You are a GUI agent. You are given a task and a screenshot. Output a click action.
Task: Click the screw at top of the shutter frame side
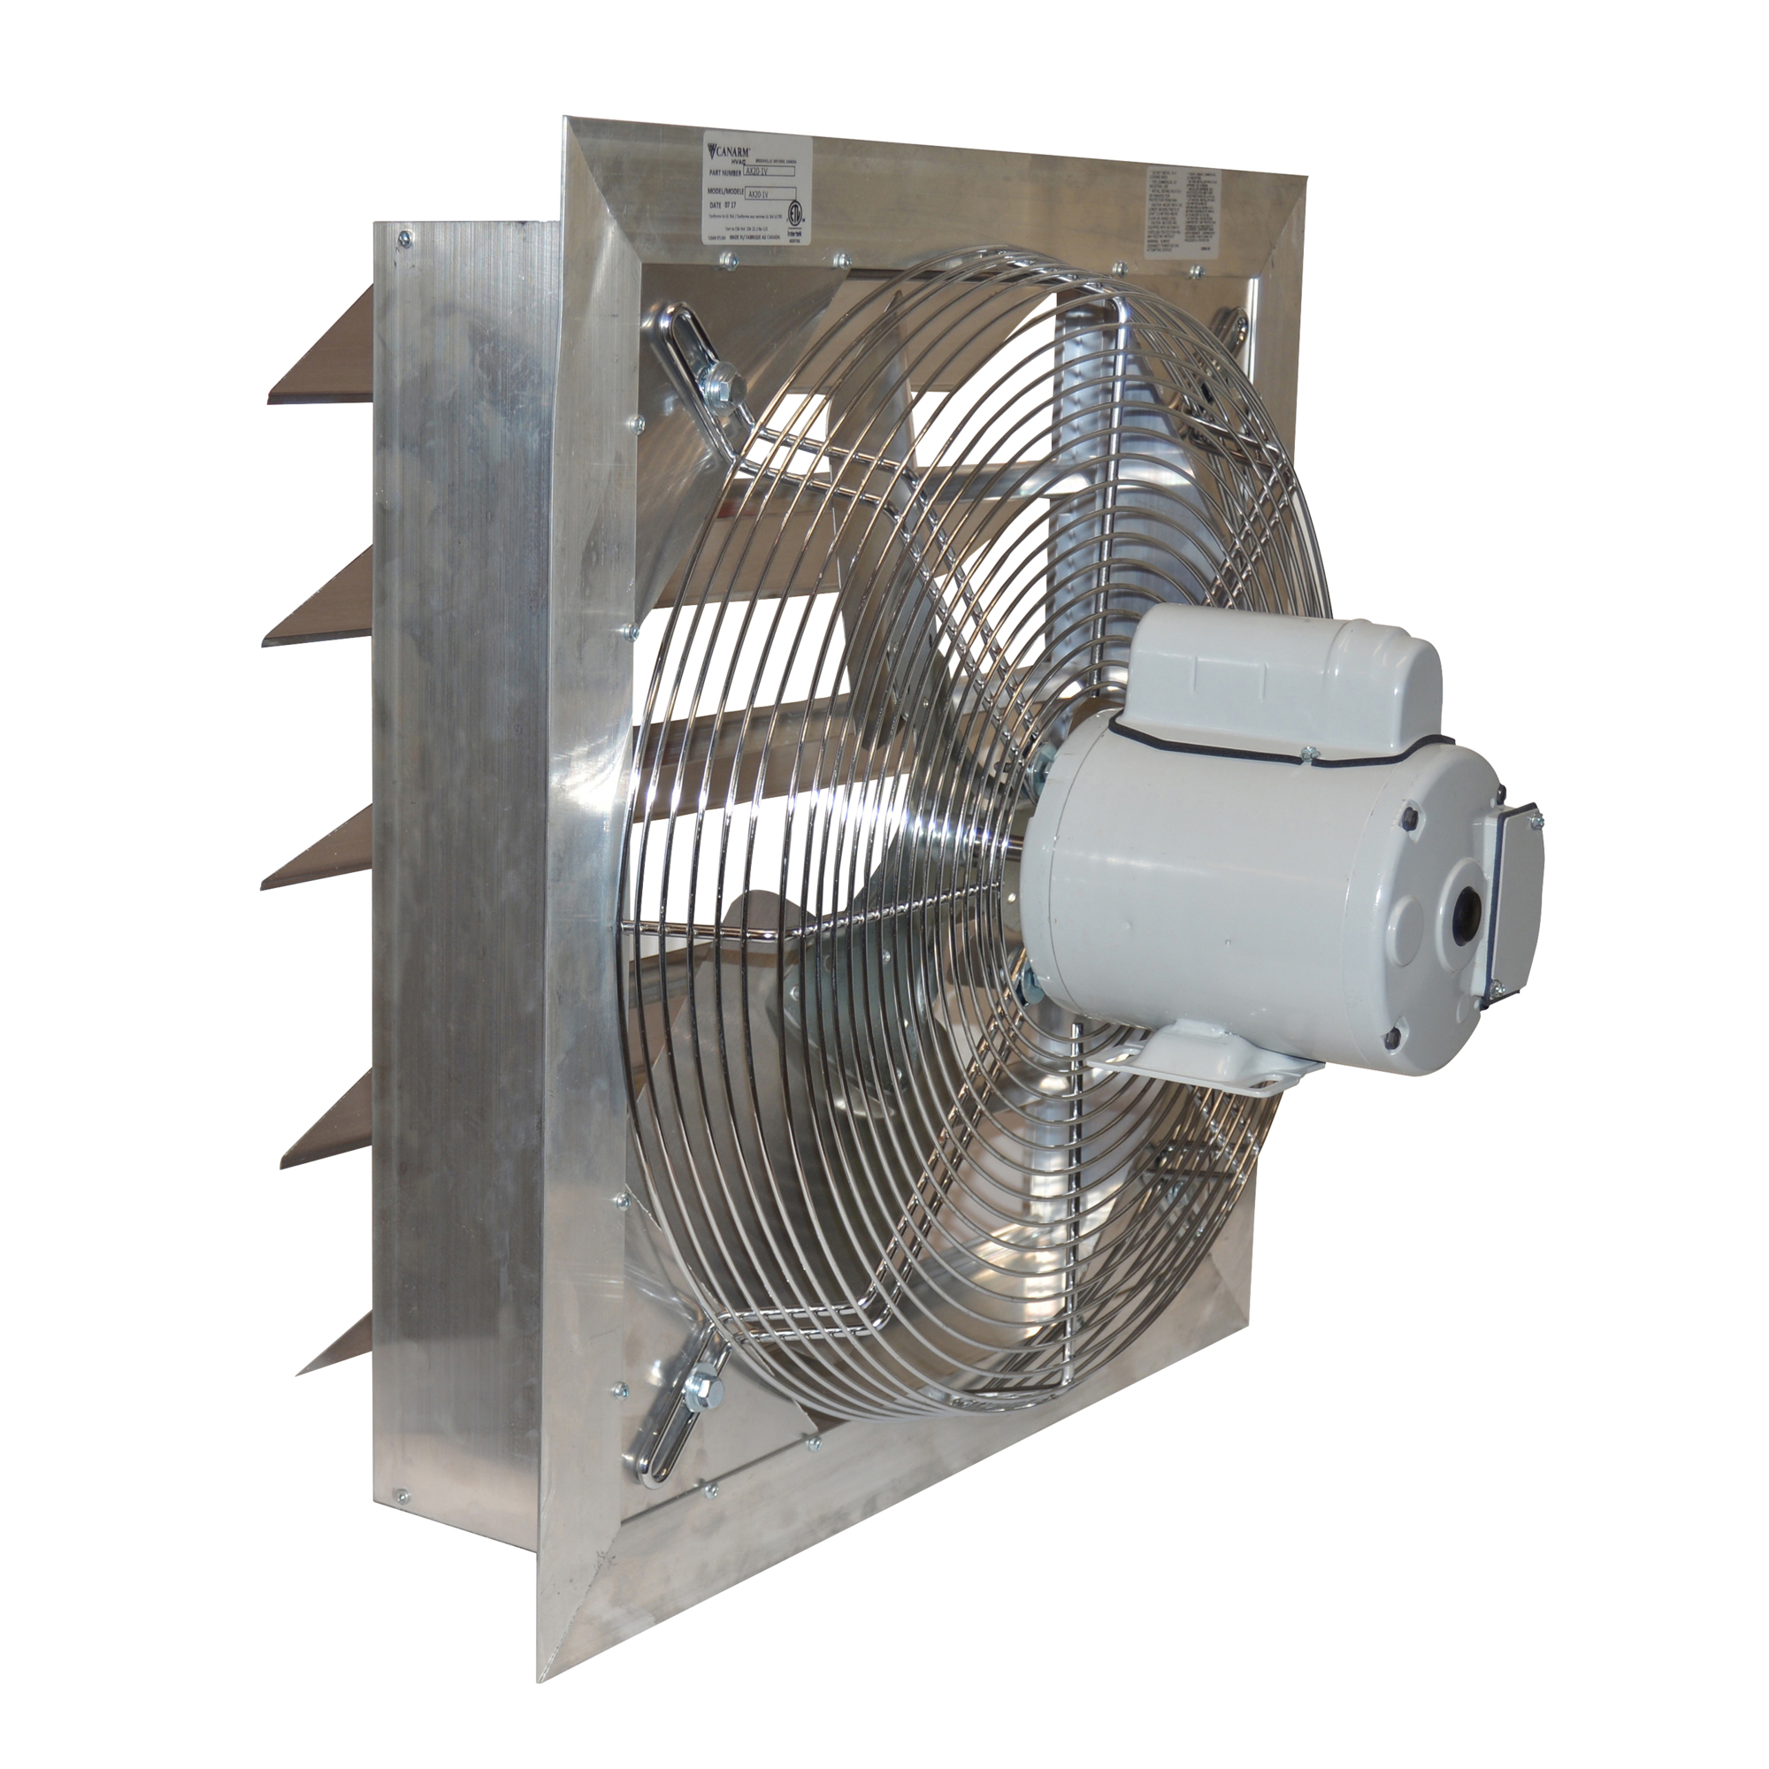point(402,239)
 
